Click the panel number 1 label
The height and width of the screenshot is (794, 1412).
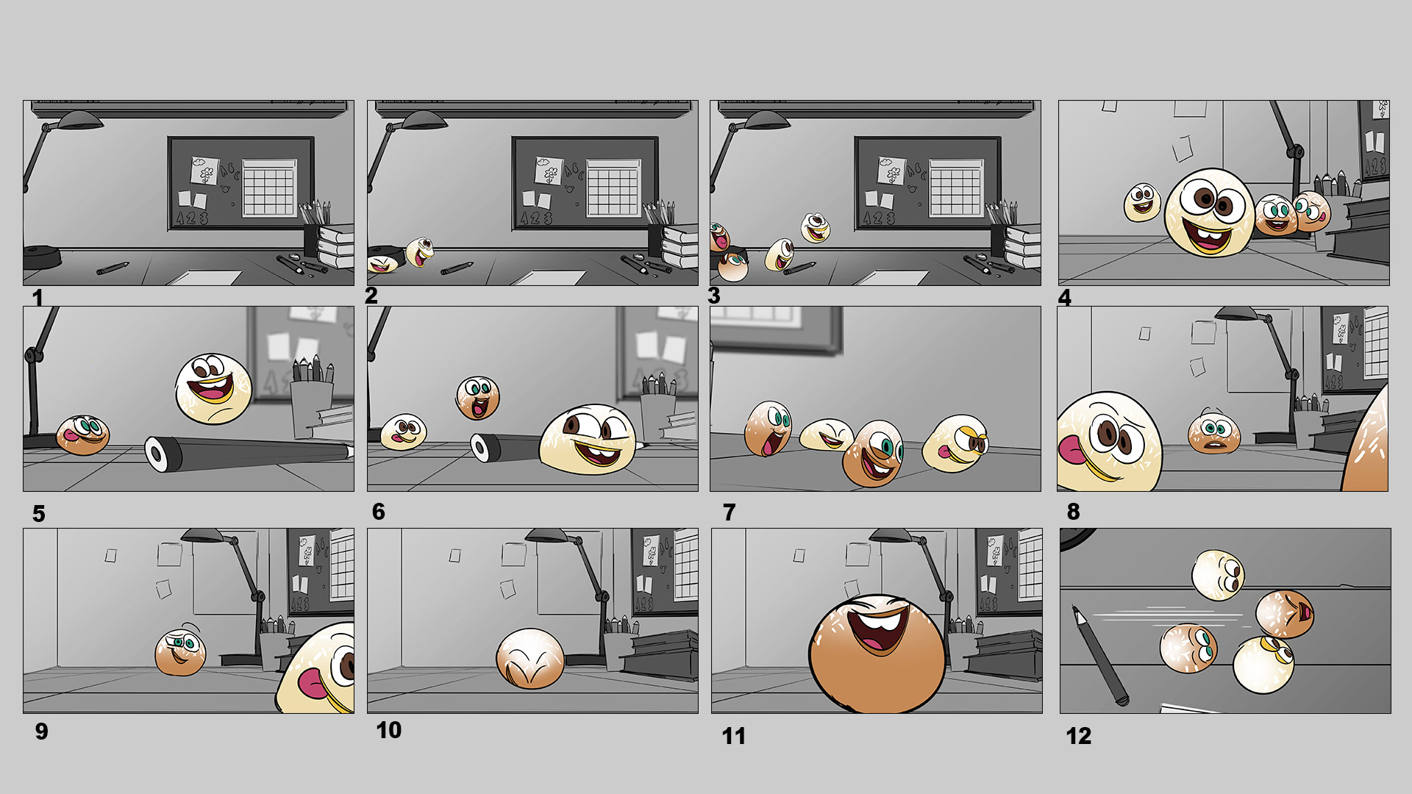[x=38, y=298]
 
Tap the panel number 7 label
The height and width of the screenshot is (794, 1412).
[x=729, y=512]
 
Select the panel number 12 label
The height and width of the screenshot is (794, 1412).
[x=1079, y=736]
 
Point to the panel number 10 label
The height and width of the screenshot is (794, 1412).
[x=389, y=730]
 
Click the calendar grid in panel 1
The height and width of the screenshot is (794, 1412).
[x=269, y=188]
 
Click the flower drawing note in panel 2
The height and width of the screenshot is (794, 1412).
[x=549, y=171]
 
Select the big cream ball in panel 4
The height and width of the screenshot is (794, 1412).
[x=1210, y=212]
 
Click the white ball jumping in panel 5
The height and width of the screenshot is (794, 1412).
[x=213, y=389]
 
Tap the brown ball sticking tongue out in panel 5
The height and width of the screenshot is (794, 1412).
[x=83, y=434]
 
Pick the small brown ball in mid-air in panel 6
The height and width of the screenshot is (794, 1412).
[x=478, y=398]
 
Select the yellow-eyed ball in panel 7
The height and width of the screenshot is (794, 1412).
[x=955, y=443]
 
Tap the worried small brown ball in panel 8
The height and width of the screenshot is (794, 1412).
[x=1213, y=432]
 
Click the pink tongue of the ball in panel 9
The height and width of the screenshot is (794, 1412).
[x=313, y=684]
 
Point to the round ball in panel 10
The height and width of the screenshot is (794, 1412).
[x=530, y=659]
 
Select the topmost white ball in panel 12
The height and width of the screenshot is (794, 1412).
[x=1218, y=575]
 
